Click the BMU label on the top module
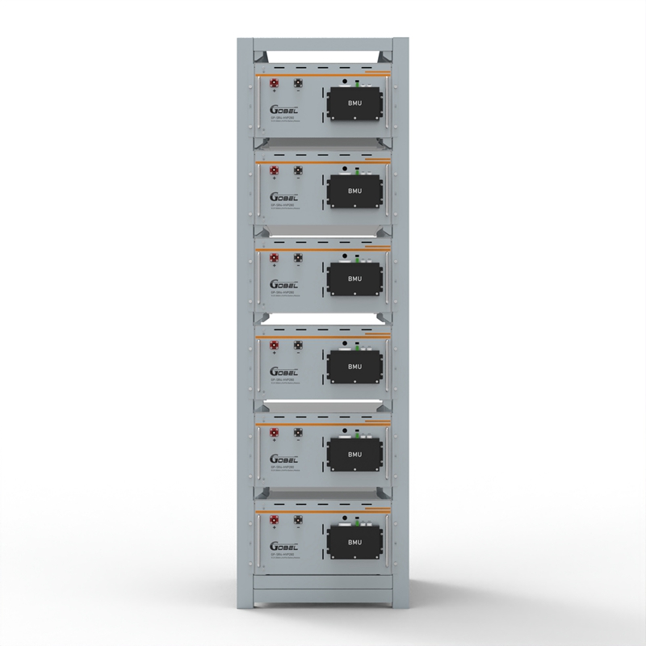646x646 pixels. pyautogui.click(x=354, y=104)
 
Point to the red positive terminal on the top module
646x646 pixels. pyautogui.click(x=275, y=82)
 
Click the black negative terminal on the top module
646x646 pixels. pyautogui.click(x=298, y=82)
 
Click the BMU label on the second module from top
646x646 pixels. pyautogui.click(x=354, y=191)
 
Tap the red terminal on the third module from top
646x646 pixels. pyautogui.click(x=275, y=258)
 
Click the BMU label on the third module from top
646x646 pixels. pyautogui.click(x=354, y=279)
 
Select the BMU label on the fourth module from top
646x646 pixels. pyautogui.click(x=354, y=367)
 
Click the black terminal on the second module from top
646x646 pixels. pyautogui.click(x=298, y=170)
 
